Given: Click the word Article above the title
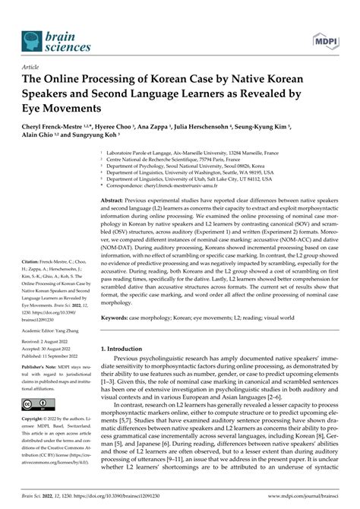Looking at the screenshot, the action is click(x=33, y=67).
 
